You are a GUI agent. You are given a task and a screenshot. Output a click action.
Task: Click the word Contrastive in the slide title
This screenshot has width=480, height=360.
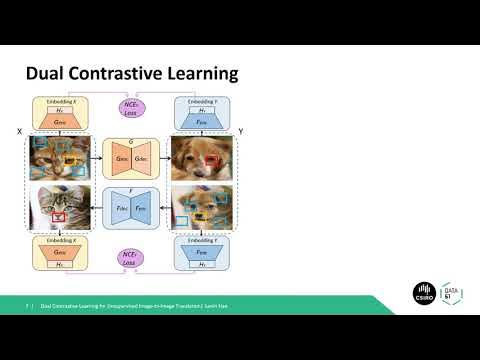click(x=113, y=74)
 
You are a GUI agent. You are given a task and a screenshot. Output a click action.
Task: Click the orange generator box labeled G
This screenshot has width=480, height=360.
click(x=131, y=158)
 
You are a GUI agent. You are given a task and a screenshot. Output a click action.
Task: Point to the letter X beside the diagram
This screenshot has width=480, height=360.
click(x=19, y=131)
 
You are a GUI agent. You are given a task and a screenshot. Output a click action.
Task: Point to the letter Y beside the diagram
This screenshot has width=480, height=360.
click(x=241, y=131)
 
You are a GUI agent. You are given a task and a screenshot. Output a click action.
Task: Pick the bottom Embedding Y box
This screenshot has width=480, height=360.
click(x=201, y=254)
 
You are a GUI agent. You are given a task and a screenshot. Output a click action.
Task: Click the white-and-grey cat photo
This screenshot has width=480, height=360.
click(x=62, y=208)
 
